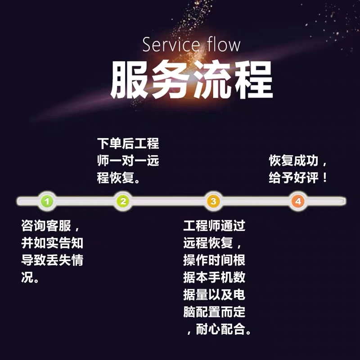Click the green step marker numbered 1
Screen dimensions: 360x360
point(48,201)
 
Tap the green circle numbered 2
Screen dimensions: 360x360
point(123,201)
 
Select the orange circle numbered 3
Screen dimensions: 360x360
point(213,201)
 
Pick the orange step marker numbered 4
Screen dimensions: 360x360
point(298,201)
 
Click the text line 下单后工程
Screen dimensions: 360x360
point(128,144)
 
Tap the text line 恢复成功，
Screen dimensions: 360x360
point(299,161)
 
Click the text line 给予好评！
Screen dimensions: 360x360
point(299,178)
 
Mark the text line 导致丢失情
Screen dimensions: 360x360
point(52,260)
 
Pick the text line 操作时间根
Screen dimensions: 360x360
point(214,260)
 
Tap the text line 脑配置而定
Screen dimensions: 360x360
point(214,311)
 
